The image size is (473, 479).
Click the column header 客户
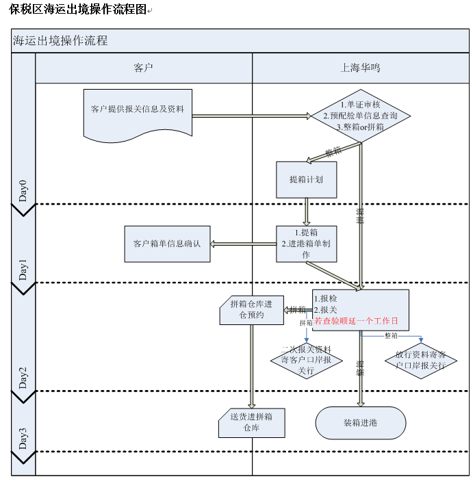[x=143, y=68]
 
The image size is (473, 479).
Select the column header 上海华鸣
[x=360, y=68]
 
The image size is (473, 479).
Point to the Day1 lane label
[x=23, y=270]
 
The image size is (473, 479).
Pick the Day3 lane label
[x=23, y=439]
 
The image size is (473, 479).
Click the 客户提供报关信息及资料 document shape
[x=138, y=111]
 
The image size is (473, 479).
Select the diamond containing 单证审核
[x=360, y=116]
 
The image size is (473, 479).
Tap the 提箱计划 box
[x=306, y=179]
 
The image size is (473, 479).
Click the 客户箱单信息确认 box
[x=167, y=244]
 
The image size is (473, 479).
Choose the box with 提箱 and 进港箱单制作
[x=306, y=244]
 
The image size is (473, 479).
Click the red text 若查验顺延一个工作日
[x=356, y=320]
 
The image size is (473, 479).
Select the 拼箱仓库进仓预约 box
[x=251, y=309]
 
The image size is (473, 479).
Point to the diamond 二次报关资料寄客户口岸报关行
[x=306, y=360]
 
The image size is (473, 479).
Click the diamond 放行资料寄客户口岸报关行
[x=420, y=360]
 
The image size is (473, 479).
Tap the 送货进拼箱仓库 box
[x=251, y=423]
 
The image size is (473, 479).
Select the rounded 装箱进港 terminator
[x=360, y=423]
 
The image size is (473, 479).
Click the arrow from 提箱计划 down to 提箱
[x=307, y=211]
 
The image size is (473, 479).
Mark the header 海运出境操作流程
[x=61, y=40]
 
